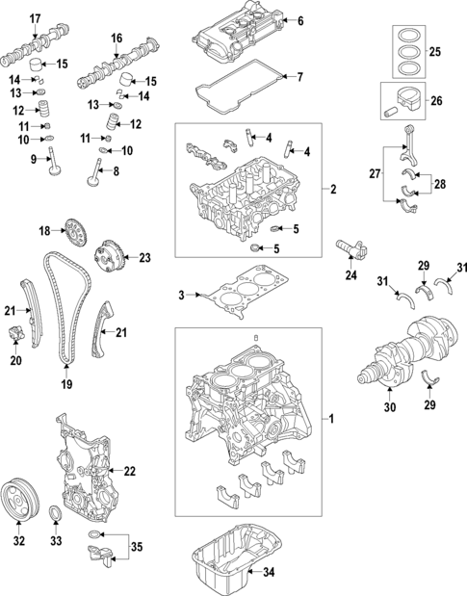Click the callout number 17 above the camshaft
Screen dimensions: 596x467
click(35, 18)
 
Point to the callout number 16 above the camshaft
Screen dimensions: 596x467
click(117, 38)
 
